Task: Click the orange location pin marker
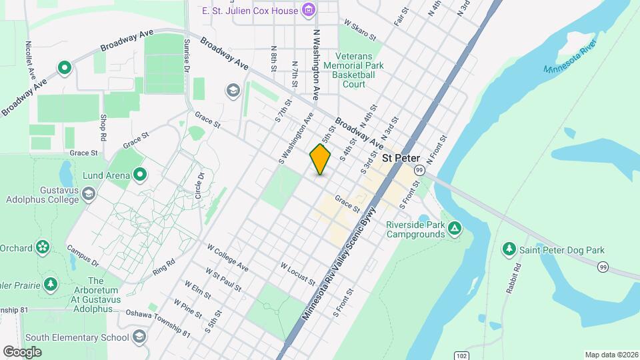pos(320,159)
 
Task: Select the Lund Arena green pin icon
pos(140,175)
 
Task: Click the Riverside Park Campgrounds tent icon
pos(454,229)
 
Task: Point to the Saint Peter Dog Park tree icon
pos(509,249)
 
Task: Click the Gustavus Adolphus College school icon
pos(89,193)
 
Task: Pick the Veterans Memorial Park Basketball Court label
pos(349,70)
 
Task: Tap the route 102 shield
pos(462,355)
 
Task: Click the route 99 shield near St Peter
pos(419,171)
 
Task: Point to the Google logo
pos(22,351)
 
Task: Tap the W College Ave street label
pos(227,257)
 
